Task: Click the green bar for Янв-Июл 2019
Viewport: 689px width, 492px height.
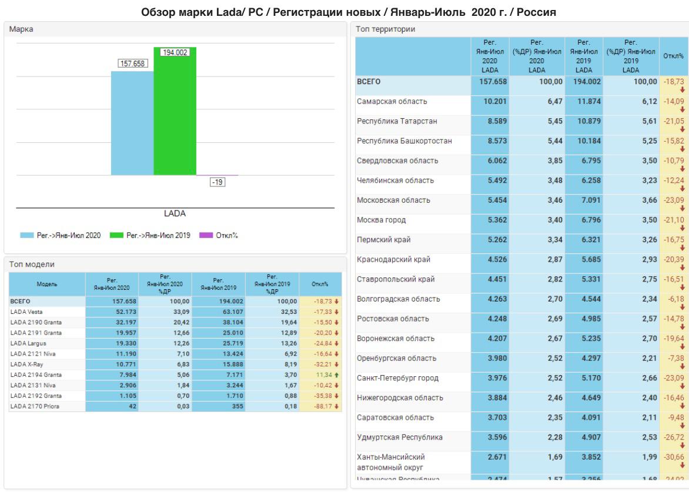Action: click(x=175, y=112)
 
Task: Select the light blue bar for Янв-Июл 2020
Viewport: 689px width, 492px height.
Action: click(x=132, y=123)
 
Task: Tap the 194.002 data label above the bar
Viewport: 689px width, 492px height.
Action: click(x=175, y=52)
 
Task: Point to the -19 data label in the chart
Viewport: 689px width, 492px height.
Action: click(x=218, y=182)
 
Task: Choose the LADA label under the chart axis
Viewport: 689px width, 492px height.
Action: click(x=175, y=213)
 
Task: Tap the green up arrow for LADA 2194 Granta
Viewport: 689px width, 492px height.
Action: click(x=337, y=374)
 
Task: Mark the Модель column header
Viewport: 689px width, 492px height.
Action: click(x=46, y=284)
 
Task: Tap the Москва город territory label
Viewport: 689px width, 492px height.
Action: click(x=382, y=220)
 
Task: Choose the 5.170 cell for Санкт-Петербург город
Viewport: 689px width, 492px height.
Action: click(x=583, y=378)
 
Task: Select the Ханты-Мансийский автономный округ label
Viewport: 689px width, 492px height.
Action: click(x=390, y=462)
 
